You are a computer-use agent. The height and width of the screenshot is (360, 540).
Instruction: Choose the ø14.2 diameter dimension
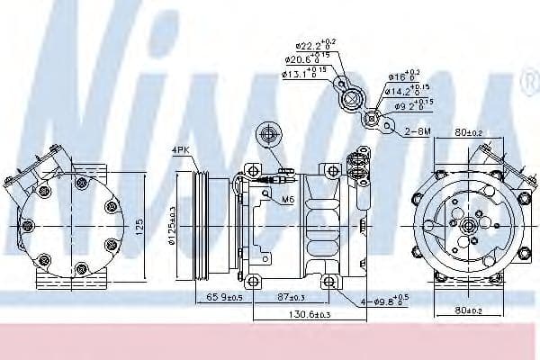403,90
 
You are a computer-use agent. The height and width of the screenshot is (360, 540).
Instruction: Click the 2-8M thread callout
416,131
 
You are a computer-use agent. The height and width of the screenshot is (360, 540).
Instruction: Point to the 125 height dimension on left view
139,225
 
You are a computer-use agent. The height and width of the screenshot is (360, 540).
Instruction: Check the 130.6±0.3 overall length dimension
285,314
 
